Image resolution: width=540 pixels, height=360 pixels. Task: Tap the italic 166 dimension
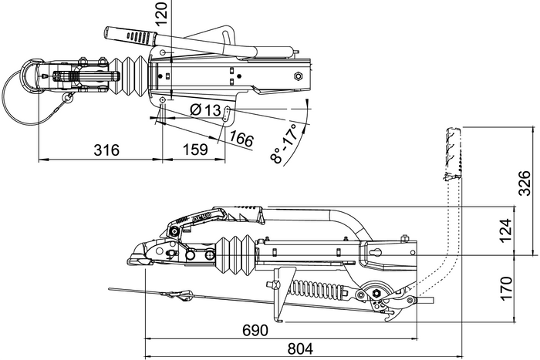(x=242, y=140)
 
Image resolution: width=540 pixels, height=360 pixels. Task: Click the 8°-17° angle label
(x=285, y=143)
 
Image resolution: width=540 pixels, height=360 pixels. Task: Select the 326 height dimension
(x=525, y=183)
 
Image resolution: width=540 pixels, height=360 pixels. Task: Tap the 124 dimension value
(x=505, y=230)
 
